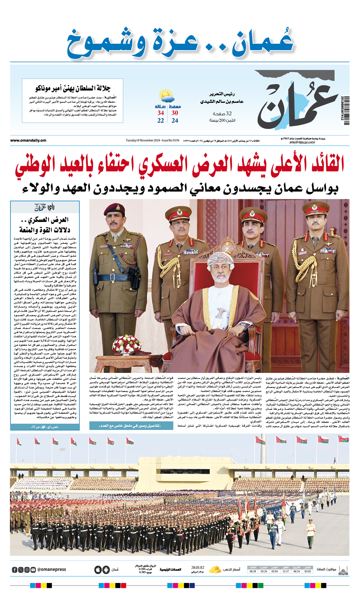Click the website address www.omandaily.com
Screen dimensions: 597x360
point(28,141)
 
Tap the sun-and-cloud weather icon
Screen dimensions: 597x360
point(166,96)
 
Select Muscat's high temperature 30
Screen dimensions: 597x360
point(175,113)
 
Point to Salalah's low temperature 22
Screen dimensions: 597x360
point(161,120)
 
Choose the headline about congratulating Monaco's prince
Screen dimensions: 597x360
point(73,88)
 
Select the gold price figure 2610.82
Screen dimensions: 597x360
point(198,567)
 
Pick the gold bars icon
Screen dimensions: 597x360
point(215,569)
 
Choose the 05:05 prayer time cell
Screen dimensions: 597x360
point(307,571)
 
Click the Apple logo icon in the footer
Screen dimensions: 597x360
point(98,570)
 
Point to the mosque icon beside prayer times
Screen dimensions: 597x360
point(343,570)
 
